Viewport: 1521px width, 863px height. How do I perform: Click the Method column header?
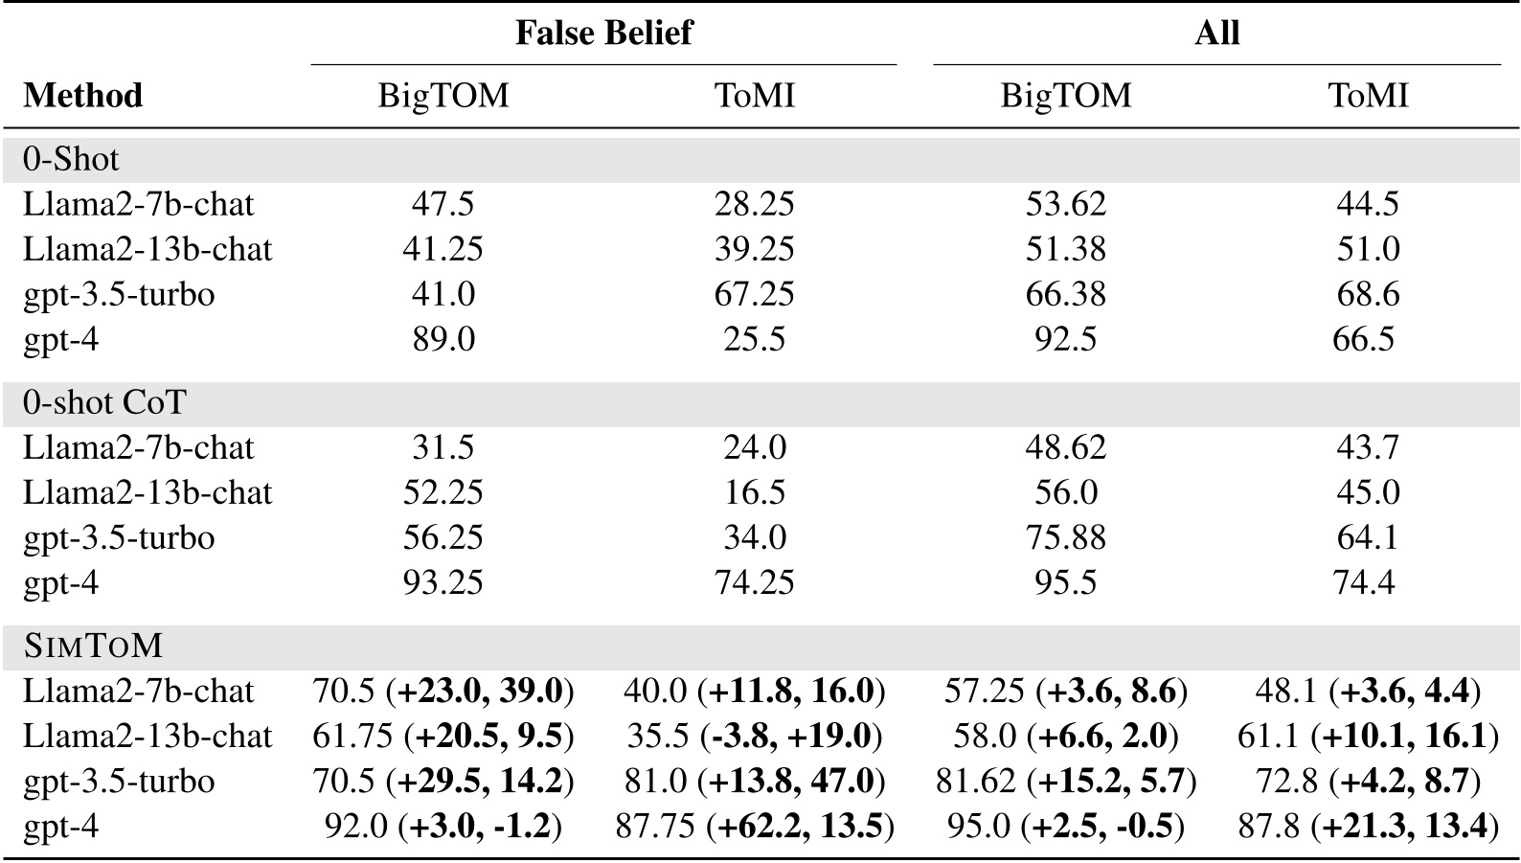point(82,96)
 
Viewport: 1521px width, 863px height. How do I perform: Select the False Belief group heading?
point(603,33)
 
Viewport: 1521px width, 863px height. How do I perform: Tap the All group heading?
point(1216,33)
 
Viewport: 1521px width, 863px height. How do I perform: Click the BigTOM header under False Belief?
point(443,96)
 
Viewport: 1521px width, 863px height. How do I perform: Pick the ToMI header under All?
point(1368,96)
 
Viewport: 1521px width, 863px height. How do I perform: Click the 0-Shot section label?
point(72,159)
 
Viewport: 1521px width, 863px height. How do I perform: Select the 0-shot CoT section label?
point(104,402)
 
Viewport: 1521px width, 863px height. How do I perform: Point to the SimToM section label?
point(93,647)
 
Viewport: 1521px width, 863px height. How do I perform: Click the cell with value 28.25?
point(755,204)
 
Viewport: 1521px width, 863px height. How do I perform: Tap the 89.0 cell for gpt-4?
point(443,339)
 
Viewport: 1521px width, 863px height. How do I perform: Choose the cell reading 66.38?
point(1065,294)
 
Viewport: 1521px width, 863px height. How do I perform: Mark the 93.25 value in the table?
point(443,582)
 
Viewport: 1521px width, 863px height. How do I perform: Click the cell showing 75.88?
point(1065,537)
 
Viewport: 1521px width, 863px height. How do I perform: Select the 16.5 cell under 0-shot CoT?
point(755,492)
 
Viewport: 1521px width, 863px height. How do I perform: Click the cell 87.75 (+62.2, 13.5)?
point(755,826)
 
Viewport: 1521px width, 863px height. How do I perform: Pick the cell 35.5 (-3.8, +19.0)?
point(755,736)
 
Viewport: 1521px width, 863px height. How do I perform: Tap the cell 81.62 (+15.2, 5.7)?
point(1065,781)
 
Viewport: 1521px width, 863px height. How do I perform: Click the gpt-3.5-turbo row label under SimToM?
point(119,781)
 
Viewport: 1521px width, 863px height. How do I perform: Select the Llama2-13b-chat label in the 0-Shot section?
point(148,249)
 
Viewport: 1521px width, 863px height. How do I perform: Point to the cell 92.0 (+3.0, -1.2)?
point(443,826)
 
